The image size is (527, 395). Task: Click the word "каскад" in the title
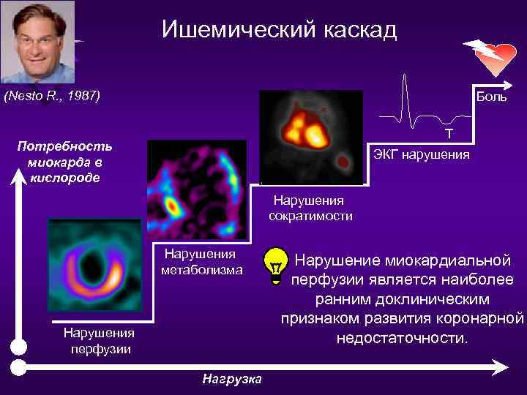pyautogui.click(x=359, y=30)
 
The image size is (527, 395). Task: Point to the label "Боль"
pyautogui.click(x=491, y=97)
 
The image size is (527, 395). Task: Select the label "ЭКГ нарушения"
pyautogui.click(x=422, y=155)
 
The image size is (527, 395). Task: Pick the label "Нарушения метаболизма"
pyautogui.click(x=201, y=262)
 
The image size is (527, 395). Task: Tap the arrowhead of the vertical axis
pyautogui.click(x=21, y=176)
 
